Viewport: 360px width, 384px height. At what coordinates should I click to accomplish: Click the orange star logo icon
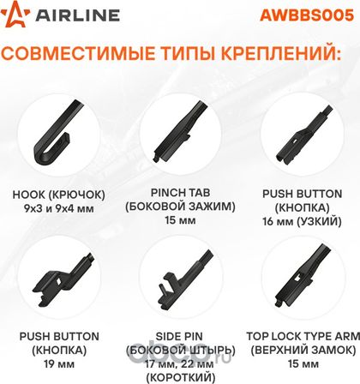pos(15,14)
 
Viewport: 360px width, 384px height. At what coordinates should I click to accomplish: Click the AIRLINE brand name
pos(77,15)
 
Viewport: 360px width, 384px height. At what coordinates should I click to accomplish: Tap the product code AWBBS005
pos(307,15)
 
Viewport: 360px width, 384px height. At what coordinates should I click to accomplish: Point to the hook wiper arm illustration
pos(58,132)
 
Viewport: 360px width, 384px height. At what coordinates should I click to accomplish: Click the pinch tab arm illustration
pos(180,131)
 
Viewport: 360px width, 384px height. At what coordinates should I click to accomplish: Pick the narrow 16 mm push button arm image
pos(304,135)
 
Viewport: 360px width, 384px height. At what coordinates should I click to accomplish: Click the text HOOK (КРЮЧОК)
pos(58,195)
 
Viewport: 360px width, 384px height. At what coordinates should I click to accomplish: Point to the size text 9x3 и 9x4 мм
pos(59,208)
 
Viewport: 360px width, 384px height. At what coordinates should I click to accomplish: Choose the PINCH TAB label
pos(180,193)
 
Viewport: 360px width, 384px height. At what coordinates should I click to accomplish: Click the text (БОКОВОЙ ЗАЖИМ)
pos(180,207)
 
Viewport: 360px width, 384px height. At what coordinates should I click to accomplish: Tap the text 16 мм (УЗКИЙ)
pos(302,221)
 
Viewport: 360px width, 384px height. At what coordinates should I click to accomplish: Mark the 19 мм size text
pos(59,364)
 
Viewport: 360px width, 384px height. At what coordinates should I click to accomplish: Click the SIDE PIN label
pos(179,336)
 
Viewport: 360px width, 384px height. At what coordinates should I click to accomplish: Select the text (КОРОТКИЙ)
pos(180,377)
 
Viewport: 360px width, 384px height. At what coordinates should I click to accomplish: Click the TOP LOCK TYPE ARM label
pos(303,336)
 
